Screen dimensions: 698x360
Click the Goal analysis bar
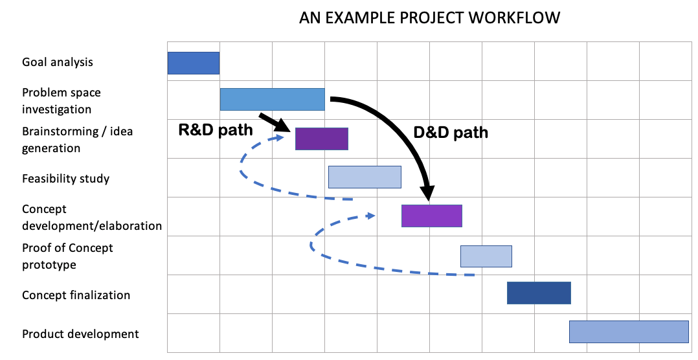(194, 63)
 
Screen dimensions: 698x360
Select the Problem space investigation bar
(273, 99)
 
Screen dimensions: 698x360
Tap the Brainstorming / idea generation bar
(322, 139)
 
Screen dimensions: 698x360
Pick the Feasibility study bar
(365, 177)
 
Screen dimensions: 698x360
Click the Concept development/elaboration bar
(432, 216)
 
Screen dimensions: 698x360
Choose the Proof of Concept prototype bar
(486, 256)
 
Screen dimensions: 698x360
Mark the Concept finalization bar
(539, 293)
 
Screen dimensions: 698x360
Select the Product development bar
(629, 332)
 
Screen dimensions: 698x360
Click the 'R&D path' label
(216, 130)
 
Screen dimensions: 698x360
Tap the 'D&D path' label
(451, 133)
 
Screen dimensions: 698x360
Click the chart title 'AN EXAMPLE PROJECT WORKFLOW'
(429, 17)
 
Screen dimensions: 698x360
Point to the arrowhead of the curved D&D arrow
(428, 192)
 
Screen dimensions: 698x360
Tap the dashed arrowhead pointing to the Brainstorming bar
(280, 137)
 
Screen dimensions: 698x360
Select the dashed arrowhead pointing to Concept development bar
(370, 216)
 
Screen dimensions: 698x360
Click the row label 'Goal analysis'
(58, 62)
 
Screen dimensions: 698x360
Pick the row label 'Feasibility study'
(66, 179)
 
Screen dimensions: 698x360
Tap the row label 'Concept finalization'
(76, 295)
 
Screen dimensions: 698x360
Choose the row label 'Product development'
(80, 334)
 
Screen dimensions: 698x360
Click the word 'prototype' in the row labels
(49, 265)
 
